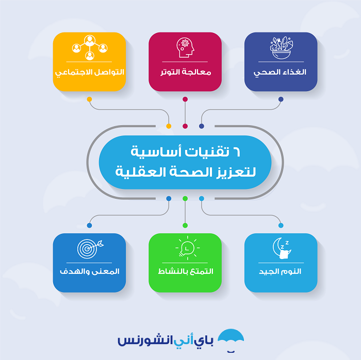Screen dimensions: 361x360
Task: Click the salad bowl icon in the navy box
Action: (x=281, y=48)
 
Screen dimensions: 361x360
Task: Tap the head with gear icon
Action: (x=185, y=47)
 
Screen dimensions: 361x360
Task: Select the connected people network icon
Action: (x=90, y=47)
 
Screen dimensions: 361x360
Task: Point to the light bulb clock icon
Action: (x=187, y=248)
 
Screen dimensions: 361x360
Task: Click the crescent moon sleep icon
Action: (x=282, y=248)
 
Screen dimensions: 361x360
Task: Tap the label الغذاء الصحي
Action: (x=280, y=73)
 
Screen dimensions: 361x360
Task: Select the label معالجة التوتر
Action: (x=186, y=72)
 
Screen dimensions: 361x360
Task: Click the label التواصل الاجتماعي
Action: (x=90, y=73)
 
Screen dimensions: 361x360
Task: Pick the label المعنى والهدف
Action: (x=90, y=271)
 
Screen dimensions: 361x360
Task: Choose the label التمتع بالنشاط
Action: (x=186, y=271)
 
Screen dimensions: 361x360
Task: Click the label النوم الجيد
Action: (x=280, y=271)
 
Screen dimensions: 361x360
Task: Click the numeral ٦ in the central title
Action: (x=237, y=152)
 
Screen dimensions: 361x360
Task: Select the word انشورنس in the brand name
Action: (x=145, y=340)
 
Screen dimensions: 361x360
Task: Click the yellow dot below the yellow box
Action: (x=90, y=99)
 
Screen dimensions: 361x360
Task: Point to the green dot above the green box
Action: (x=185, y=225)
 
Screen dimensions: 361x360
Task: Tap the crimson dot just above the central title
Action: (x=185, y=126)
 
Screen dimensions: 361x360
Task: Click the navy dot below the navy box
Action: (x=281, y=99)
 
